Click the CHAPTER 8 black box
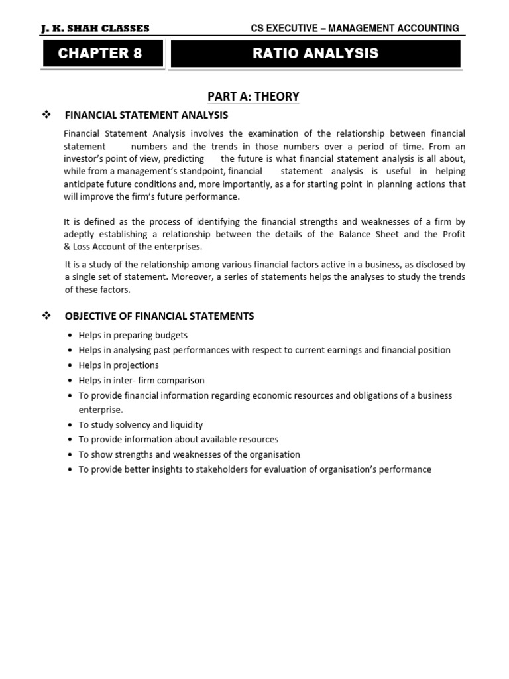(x=100, y=54)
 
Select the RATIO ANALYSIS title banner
(x=315, y=54)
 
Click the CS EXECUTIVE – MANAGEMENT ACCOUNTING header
(x=355, y=28)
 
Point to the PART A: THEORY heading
(x=254, y=97)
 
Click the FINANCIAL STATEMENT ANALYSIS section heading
(x=146, y=115)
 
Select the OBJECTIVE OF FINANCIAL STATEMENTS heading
(x=159, y=316)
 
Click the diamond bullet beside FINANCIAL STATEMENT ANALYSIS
(x=46, y=115)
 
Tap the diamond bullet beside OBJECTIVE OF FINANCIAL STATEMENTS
(x=46, y=316)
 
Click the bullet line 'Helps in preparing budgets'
(x=133, y=336)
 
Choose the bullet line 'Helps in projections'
(x=119, y=365)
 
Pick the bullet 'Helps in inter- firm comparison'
(x=141, y=381)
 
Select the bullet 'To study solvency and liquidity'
(x=141, y=425)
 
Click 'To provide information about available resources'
(x=178, y=440)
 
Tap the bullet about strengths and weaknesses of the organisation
(x=189, y=455)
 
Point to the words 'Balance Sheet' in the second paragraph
(x=399, y=233)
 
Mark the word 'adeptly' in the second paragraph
(x=80, y=233)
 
